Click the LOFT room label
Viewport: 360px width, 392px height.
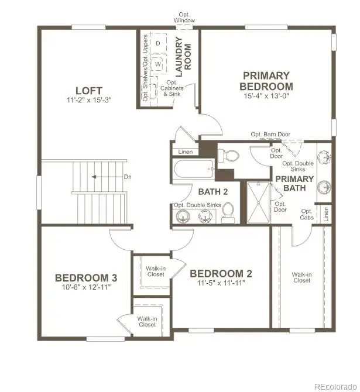pyautogui.click(x=89, y=91)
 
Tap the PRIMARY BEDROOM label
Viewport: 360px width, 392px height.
pyautogui.click(x=266, y=81)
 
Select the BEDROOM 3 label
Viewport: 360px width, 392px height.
pyautogui.click(x=82, y=278)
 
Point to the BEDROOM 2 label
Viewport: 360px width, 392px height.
pyautogui.click(x=221, y=273)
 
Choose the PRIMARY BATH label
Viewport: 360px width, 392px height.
pyautogui.click(x=294, y=183)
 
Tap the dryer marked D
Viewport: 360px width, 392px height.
pyautogui.click(x=158, y=43)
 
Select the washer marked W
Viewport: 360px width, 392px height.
pyautogui.click(x=158, y=64)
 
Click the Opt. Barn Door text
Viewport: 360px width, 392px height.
pyautogui.click(x=270, y=135)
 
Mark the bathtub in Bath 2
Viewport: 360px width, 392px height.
pyautogui.click(x=194, y=171)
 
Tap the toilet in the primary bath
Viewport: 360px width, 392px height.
pyautogui.click(x=229, y=156)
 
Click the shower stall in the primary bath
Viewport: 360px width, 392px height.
pyautogui.click(x=257, y=202)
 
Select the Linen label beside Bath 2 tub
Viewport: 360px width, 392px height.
pyautogui.click(x=186, y=152)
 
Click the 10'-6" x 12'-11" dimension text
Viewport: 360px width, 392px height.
pyautogui.click(x=82, y=287)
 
